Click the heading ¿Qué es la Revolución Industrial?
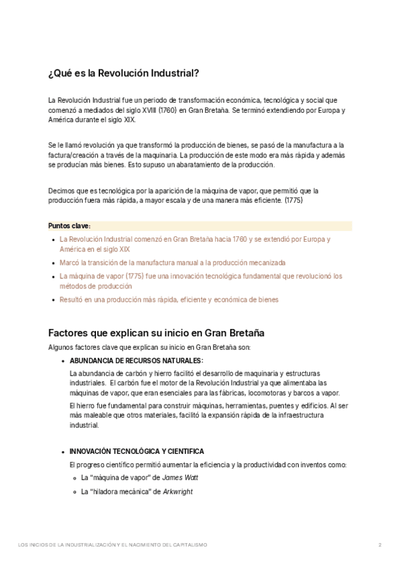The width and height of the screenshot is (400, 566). point(124,73)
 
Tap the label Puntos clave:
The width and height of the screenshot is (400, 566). point(70,226)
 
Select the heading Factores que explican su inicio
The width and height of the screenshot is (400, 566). point(157,332)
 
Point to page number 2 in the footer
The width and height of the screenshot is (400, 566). point(379,545)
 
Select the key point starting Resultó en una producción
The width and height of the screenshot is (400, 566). point(169,300)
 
